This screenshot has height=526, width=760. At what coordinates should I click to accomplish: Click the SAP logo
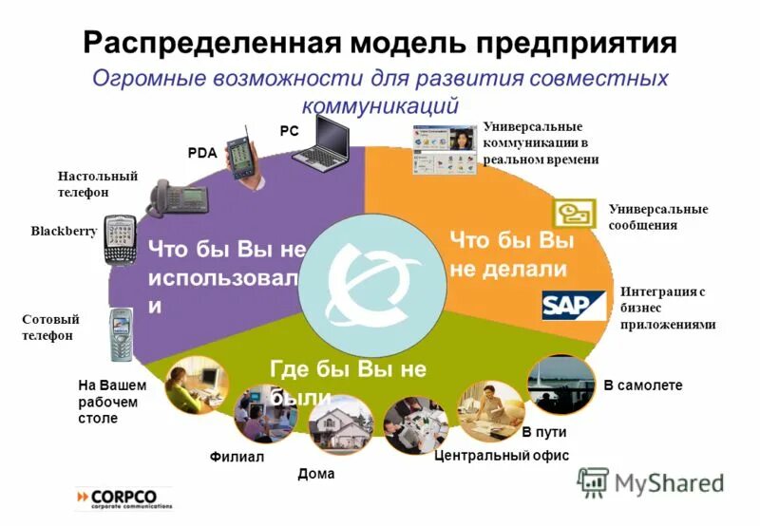(x=573, y=305)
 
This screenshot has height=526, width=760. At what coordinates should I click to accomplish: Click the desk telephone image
(x=179, y=197)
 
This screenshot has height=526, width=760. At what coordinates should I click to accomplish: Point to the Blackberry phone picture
(x=120, y=241)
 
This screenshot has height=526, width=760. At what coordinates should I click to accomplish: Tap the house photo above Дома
(x=339, y=426)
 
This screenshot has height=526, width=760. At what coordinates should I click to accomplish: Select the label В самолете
(x=643, y=385)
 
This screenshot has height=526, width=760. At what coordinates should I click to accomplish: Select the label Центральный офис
(x=501, y=456)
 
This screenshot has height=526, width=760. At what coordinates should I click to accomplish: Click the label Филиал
(x=237, y=457)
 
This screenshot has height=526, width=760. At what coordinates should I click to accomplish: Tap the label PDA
(x=202, y=151)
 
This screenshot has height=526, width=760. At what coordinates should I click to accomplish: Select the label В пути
(x=545, y=433)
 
